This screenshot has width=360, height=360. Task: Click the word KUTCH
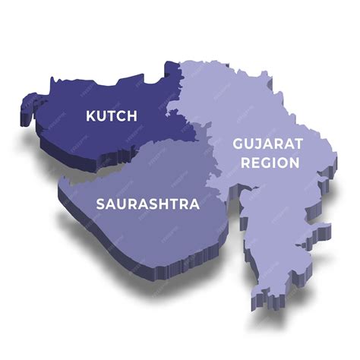point(112,116)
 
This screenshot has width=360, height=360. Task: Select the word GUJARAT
point(257,144)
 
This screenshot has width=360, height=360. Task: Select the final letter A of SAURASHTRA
point(195,204)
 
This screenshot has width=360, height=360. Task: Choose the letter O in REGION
point(280,162)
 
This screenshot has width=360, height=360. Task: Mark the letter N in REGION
point(294,162)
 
